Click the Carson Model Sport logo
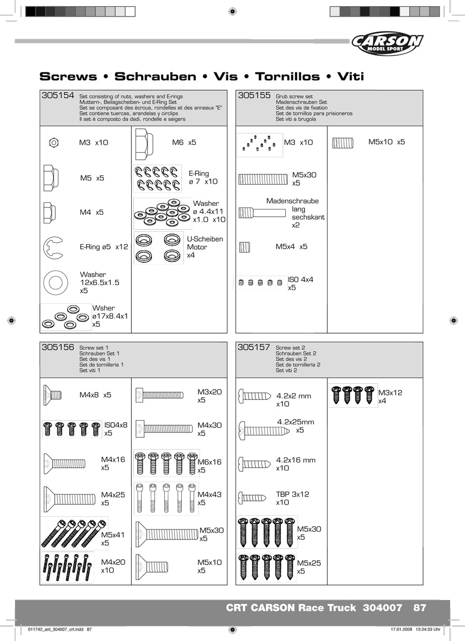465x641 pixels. pyautogui.click(x=387, y=44)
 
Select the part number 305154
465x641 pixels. pyautogui.click(x=57, y=96)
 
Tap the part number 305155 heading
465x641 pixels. pyautogui.click(x=254, y=96)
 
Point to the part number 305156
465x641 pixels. pyautogui.click(x=57, y=348)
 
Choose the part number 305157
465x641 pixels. pyautogui.click(x=254, y=348)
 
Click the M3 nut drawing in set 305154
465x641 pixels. pyautogui.click(x=54, y=142)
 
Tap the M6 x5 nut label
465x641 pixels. pyautogui.click(x=184, y=142)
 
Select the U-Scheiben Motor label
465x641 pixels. pyautogui.click(x=205, y=247)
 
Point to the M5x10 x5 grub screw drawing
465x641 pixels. pyautogui.click(x=342, y=142)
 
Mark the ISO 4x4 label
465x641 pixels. pyautogui.click(x=300, y=284)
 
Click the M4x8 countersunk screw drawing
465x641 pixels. pyautogui.click(x=52, y=395)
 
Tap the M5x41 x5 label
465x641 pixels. pyautogui.click(x=113, y=539)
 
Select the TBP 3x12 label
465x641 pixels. pyautogui.click(x=292, y=498)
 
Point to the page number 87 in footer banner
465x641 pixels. pyautogui.click(x=420, y=608)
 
